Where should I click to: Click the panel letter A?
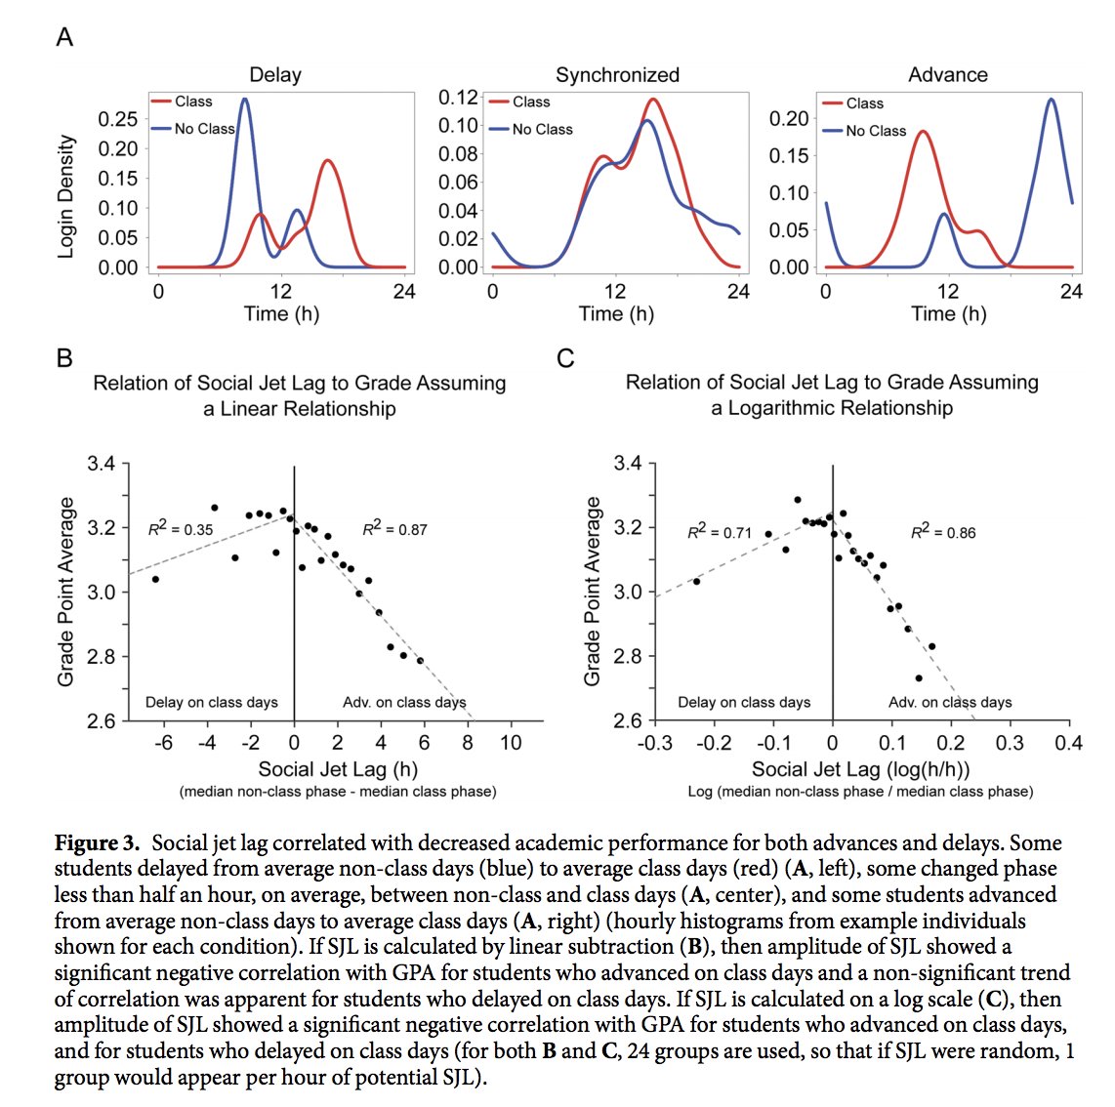(64, 38)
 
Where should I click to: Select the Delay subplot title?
(275, 75)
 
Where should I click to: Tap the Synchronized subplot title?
(617, 75)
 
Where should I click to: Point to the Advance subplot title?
(947, 75)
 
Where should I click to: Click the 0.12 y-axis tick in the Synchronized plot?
(458, 98)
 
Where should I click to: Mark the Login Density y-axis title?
(66, 196)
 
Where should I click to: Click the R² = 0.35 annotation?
(180, 529)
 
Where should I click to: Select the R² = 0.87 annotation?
(394, 529)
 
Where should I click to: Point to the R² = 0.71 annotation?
(720, 532)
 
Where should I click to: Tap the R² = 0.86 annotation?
(943, 532)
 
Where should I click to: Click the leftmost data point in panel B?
(155, 579)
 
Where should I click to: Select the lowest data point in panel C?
(919, 677)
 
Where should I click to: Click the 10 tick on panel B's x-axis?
(511, 743)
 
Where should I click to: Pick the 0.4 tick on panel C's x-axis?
(1069, 743)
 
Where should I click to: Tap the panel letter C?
(564, 359)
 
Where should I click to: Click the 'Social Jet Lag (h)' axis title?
(337, 769)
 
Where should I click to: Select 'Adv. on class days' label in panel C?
(950, 702)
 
